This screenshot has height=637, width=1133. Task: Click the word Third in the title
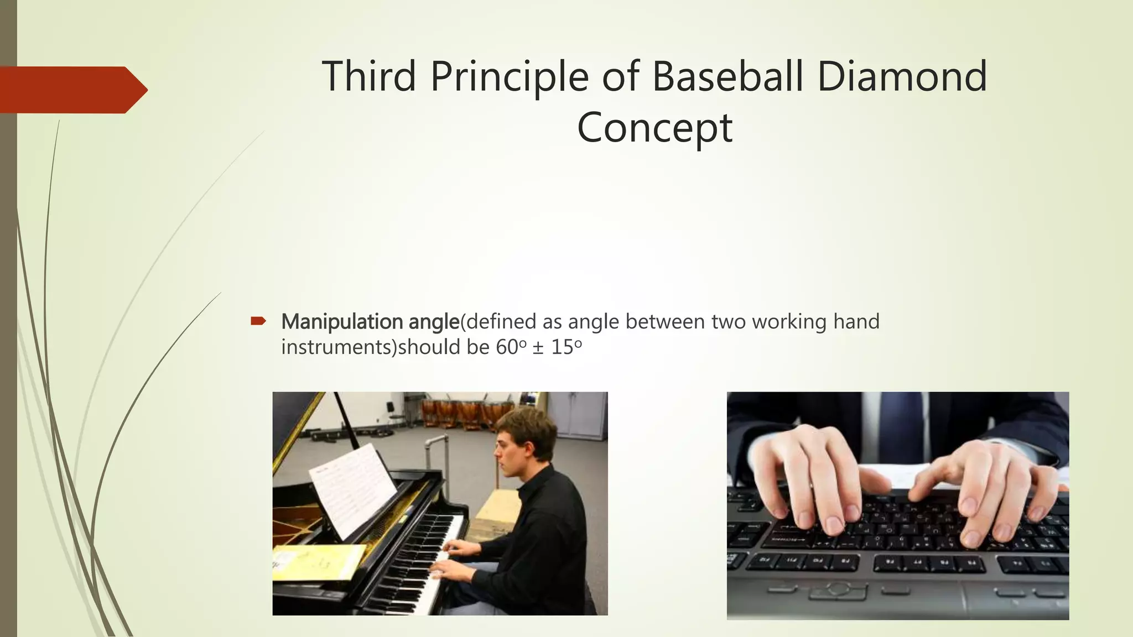368,76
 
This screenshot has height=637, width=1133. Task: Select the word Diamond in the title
902,76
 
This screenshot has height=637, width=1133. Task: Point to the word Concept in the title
654,128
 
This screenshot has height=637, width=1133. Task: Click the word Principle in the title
509,77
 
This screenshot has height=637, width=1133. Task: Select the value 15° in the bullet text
566,347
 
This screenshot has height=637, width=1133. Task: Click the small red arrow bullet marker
258,321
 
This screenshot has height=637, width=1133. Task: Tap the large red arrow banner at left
72,90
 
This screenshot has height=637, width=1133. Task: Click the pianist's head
526,440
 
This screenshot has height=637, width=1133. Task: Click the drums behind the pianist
459,412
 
